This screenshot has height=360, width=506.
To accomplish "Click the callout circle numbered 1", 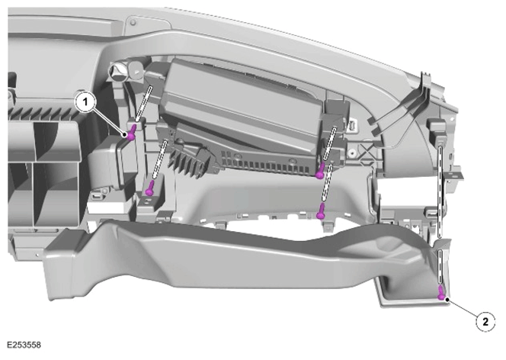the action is (x=85, y=102).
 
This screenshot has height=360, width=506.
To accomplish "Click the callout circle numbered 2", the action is (x=485, y=322).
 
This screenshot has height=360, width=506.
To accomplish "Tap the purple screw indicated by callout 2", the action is (x=440, y=293).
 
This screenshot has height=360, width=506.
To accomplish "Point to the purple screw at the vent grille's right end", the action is (x=320, y=171).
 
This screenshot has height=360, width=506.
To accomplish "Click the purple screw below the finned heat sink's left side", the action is (x=149, y=188).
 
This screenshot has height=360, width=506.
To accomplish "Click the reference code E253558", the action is (x=24, y=346).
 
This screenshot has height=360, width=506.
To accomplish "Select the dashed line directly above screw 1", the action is (x=143, y=102).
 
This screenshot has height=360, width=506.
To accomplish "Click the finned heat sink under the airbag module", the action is (x=191, y=159).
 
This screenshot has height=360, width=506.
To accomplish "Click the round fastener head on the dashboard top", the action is (x=133, y=22).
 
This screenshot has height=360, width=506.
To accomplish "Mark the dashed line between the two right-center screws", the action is (x=326, y=183).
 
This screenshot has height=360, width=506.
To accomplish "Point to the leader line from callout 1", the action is (x=110, y=120).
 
